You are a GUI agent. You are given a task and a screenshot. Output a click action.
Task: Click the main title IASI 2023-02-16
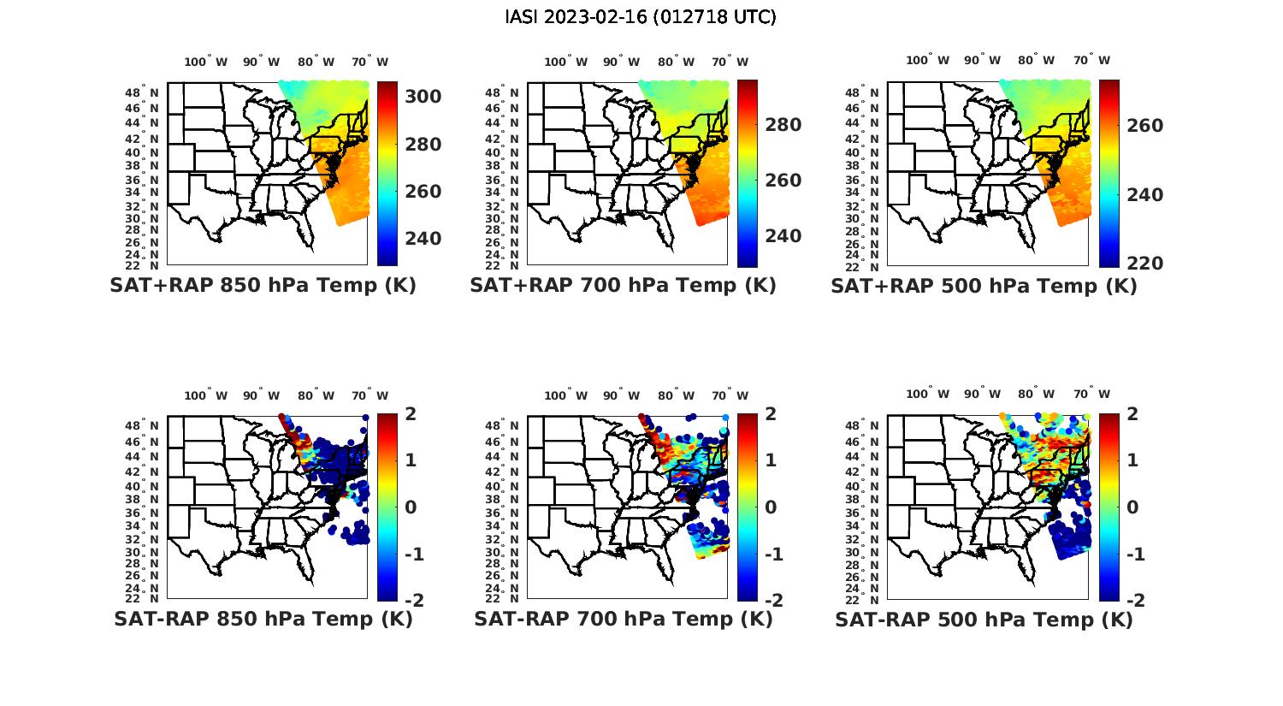click(641, 17)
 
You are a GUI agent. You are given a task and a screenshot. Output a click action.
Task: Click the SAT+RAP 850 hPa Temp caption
click(263, 285)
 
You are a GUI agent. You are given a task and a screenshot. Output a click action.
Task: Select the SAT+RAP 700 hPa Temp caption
click(623, 285)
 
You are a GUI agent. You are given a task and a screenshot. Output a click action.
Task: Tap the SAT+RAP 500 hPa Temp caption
click(984, 286)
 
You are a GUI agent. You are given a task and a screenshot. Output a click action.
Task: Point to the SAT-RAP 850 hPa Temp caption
click(263, 619)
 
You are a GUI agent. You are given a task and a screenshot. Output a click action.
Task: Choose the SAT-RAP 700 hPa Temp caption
click(623, 619)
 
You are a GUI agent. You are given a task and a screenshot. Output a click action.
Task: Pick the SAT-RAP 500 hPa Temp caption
click(984, 620)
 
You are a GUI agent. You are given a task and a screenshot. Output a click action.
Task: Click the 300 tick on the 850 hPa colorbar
click(423, 97)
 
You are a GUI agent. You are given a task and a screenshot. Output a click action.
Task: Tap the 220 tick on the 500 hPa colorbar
click(1144, 263)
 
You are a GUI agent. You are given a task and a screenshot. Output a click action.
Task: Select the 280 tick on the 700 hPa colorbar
click(783, 125)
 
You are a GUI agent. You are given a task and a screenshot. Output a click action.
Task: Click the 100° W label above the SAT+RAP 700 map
click(565, 62)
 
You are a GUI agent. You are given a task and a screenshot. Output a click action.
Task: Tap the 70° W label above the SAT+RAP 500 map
click(1091, 60)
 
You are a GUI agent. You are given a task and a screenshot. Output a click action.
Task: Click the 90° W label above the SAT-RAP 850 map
click(260, 395)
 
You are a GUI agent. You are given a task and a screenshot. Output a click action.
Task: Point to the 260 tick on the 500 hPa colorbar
click(1144, 126)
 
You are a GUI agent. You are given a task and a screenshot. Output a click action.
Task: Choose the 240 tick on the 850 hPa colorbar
click(423, 238)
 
